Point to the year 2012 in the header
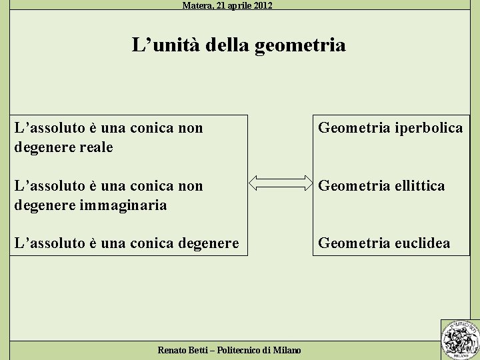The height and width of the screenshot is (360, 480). pos(261,5)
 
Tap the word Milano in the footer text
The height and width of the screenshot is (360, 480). pos(287,350)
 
